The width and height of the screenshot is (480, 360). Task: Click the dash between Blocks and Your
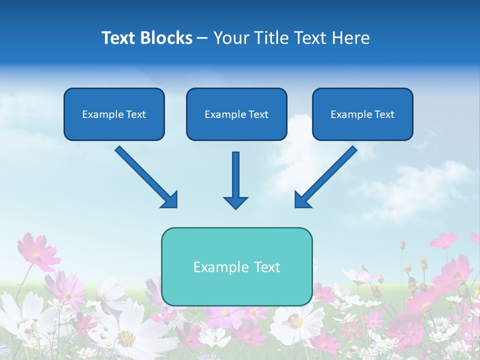coord(202,38)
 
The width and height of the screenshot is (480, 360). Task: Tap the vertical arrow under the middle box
coord(235,175)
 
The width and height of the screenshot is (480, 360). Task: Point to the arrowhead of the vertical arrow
coord(235,202)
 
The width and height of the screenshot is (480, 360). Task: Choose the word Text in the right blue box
coord(384,114)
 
